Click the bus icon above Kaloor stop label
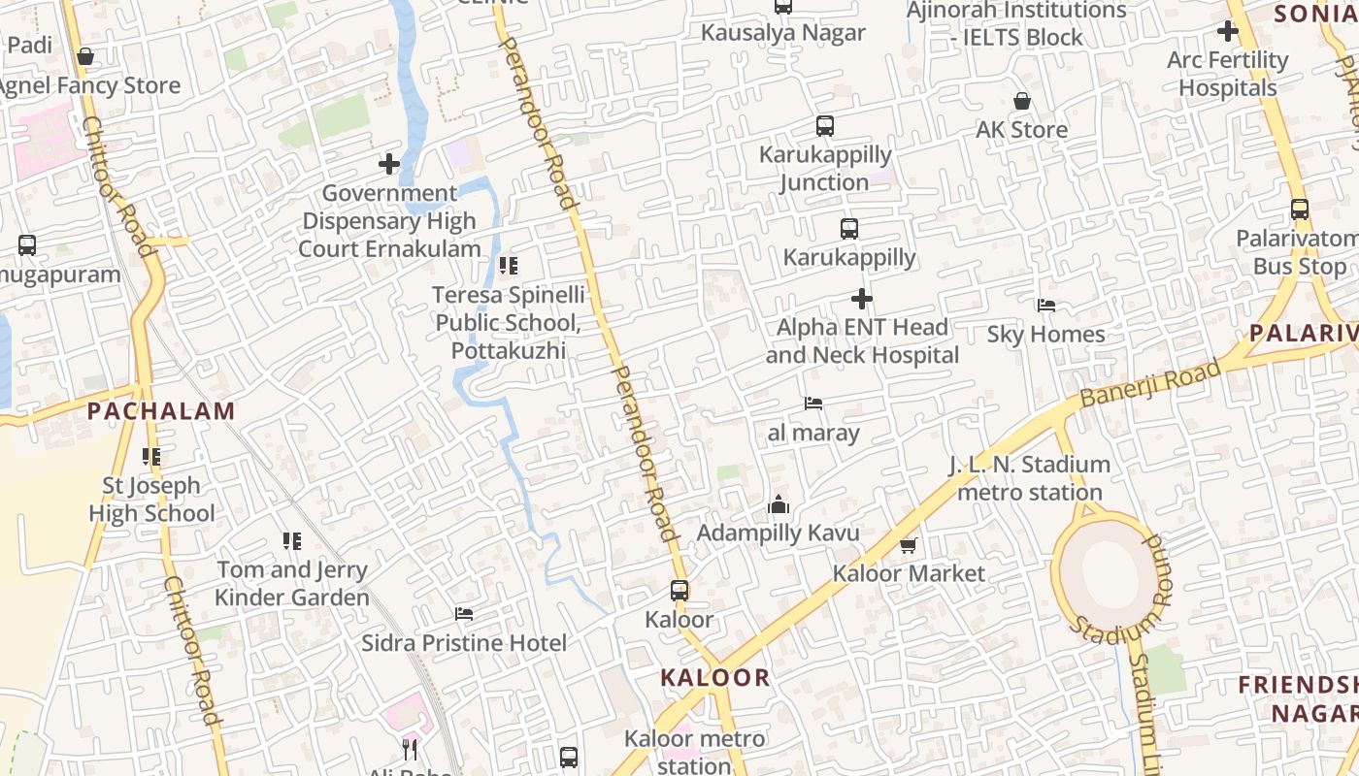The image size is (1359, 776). [x=679, y=590]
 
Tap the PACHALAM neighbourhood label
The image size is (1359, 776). [x=161, y=410]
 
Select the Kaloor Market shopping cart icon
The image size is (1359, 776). [x=908, y=546]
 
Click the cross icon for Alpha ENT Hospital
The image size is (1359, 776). [x=861, y=299]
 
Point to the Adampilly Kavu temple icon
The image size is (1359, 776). [x=778, y=504]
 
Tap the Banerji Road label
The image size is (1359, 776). [x=1149, y=383]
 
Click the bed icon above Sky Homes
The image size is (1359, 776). [x=1045, y=306]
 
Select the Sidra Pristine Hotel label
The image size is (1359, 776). [x=464, y=643]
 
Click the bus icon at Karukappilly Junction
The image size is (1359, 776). [x=824, y=126]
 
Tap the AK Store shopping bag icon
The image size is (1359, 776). [x=1021, y=101]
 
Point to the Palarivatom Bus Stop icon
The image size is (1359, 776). [x=1299, y=210]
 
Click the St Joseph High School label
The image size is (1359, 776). [x=152, y=499]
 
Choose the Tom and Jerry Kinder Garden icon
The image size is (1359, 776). [x=291, y=540]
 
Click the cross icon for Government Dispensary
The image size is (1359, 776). [x=389, y=164]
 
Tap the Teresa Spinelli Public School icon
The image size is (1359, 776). [x=508, y=266]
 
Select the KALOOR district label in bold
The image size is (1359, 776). [x=715, y=677]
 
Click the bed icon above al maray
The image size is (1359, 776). [x=813, y=404]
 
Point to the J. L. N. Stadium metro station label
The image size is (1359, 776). [x=1030, y=478]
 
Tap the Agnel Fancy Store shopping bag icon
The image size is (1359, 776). [x=85, y=57]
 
